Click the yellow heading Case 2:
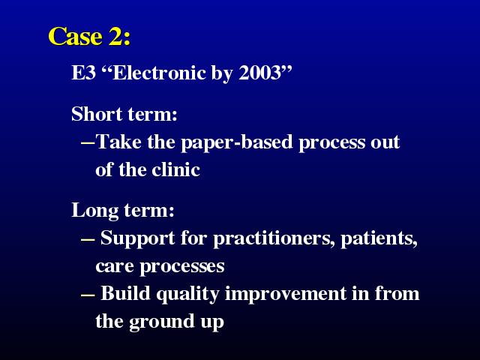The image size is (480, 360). [89, 36]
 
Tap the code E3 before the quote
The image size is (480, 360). [83, 73]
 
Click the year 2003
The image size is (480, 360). [259, 73]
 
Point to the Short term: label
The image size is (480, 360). [124, 114]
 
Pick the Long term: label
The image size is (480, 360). [123, 211]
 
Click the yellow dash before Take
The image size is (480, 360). [88, 142]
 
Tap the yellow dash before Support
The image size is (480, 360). [88, 239]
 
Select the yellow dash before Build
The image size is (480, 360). [88, 295]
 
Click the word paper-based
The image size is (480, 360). [237, 142]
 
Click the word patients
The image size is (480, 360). [379, 238]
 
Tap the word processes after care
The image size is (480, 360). [182, 267]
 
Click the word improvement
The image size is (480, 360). [286, 294]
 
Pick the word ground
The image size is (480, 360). [162, 322]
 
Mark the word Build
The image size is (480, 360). [125, 293]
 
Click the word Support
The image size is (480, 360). [137, 238]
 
